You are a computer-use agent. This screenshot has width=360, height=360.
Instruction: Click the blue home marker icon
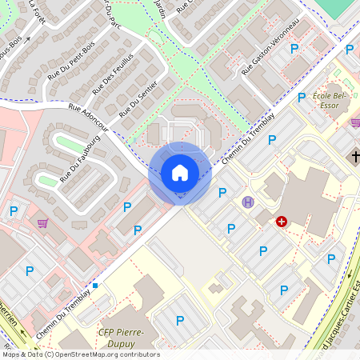[x=180, y=173]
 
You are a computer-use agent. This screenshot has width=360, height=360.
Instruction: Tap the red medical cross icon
[x=282, y=221]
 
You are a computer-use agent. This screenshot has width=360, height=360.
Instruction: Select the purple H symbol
[x=248, y=202]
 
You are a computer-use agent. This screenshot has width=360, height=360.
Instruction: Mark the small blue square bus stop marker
[x=95, y=285]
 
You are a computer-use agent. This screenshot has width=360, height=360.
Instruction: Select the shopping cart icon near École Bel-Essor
[x=355, y=122]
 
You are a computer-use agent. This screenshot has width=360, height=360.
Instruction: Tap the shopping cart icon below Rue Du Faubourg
[x=42, y=224]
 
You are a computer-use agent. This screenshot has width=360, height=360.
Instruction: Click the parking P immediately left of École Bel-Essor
[x=302, y=98]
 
